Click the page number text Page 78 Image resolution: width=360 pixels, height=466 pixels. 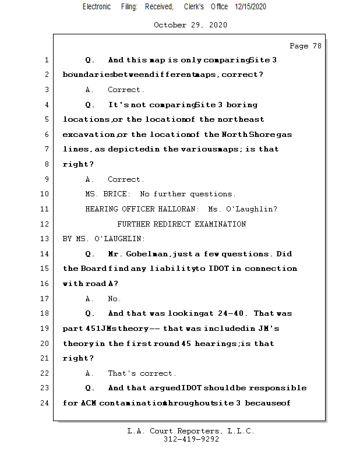pyautogui.click(x=305, y=46)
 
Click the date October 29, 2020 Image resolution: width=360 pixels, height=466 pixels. pyautogui.click(x=190, y=25)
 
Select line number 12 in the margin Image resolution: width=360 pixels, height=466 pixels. pyautogui.click(x=46, y=224)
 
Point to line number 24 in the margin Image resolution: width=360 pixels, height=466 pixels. pyautogui.click(x=46, y=403)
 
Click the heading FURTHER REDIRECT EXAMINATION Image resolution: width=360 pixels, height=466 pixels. pyautogui.click(x=181, y=224)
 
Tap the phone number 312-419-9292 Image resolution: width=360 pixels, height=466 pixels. pyautogui.click(x=191, y=440)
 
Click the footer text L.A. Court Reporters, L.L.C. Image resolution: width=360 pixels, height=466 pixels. pyautogui.click(x=191, y=432)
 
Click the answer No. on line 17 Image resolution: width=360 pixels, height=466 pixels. pyautogui.click(x=114, y=299)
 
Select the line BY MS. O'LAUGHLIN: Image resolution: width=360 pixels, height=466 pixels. pyautogui.click(x=104, y=239)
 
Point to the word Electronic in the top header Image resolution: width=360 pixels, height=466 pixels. pyautogui.click(x=97, y=7)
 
